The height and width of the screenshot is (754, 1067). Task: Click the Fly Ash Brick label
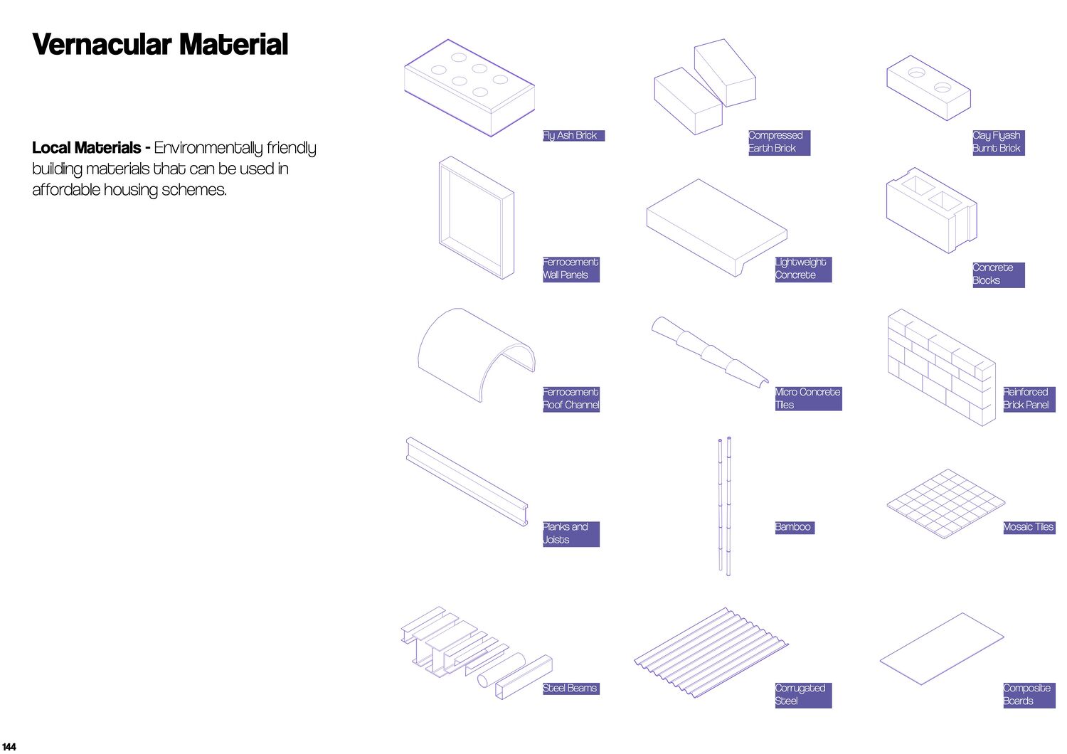pyautogui.click(x=573, y=136)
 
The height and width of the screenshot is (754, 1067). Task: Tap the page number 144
pyautogui.click(x=9, y=746)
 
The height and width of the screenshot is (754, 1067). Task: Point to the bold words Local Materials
pyautogui.click(x=87, y=148)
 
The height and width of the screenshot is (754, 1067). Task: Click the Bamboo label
pyautogui.click(x=794, y=527)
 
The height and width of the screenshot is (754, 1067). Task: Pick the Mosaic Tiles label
pyautogui.click(x=1029, y=527)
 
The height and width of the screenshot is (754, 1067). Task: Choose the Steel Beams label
pyautogui.click(x=570, y=689)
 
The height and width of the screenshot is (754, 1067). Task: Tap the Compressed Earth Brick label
pyautogui.click(x=779, y=142)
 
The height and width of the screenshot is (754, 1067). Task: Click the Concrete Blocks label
pyautogui.click(x=998, y=275)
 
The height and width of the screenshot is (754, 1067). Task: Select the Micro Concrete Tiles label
pyautogui.click(x=808, y=398)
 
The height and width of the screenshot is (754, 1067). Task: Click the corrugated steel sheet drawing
pyautogui.click(x=711, y=652)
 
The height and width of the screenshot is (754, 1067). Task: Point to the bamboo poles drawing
pyautogui.click(x=724, y=505)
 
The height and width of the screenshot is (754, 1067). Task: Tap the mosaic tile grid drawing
pyautogui.click(x=945, y=503)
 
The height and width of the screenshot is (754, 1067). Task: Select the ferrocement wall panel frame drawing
pyautogui.click(x=476, y=217)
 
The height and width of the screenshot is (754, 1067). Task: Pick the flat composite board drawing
pyautogui.click(x=941, y=649)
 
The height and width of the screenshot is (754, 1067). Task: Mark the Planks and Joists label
pyautogui.click(x=570, y=533)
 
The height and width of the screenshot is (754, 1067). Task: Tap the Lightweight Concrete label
pyautogui.click(x=802, y=269)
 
